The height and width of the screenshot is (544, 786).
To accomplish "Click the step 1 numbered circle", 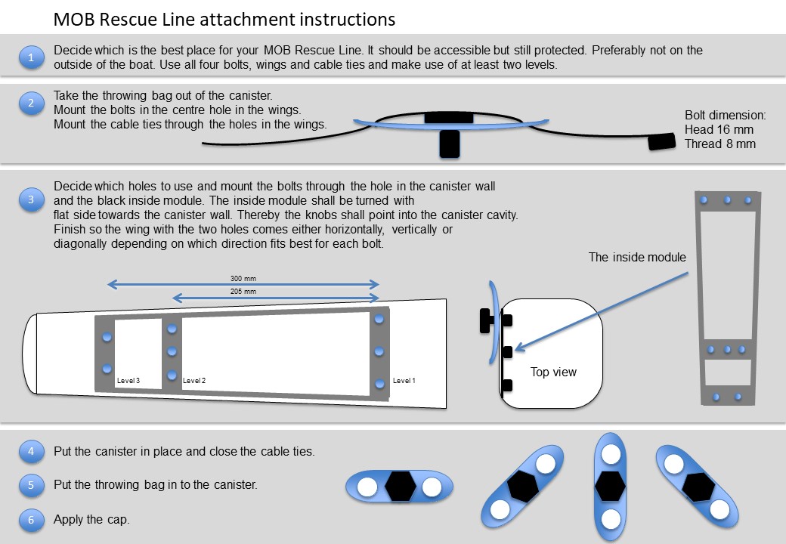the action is [31, 57].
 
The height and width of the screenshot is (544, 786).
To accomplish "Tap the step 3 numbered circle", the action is [31, 200].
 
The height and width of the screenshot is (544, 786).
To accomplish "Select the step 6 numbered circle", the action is [31, 520].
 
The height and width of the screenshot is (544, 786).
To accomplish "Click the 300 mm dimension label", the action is [243, 279].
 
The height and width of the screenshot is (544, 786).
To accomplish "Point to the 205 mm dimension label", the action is [243, 292].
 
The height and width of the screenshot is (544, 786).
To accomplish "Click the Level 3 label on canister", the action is [128, 381].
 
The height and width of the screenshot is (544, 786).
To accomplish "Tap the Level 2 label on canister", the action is [194, 381].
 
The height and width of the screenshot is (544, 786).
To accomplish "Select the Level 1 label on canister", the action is [404, 381].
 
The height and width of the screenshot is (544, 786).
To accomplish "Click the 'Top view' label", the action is [553, 372].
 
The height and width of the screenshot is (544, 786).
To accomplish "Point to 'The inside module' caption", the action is [637, 258].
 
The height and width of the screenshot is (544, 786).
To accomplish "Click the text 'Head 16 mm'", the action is [719, 130].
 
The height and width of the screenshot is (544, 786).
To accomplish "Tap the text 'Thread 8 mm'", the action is [719, 144].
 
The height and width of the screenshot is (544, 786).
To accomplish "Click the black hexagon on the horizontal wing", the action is [400, 487].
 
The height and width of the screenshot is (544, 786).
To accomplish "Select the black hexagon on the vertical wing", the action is [610, 487].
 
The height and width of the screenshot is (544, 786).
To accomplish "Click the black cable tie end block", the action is [662, 142].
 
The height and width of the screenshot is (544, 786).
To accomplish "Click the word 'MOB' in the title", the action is [74, 20].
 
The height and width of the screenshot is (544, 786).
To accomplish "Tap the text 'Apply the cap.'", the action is [91, 520].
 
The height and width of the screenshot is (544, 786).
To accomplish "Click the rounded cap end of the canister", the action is [29, 354].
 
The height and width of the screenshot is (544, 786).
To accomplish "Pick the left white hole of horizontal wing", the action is [367, 487].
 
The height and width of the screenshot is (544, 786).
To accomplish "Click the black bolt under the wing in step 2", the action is [450, 144].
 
